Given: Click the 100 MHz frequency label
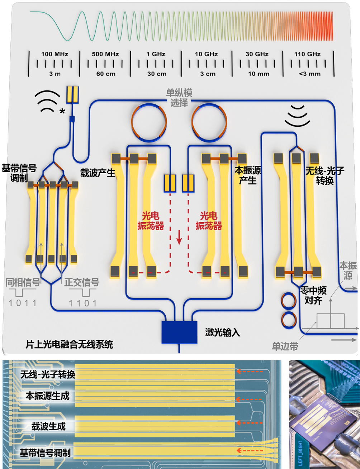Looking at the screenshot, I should coord(55,54).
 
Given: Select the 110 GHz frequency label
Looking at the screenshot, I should coord(307,54).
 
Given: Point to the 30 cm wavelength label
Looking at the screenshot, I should coord(156,74).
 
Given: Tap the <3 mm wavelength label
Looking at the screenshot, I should coord(309,74).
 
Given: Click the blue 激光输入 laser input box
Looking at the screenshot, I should coord(179,332).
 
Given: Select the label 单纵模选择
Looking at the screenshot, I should coord(179,98).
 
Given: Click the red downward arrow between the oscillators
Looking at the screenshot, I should coord(179,238).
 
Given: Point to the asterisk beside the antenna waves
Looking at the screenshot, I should coord(62,112).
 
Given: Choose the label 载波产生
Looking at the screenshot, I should coord(98,173).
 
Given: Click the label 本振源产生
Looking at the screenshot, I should coord(248,175).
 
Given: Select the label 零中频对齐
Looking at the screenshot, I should coord(313,295).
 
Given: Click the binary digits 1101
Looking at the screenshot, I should coord(83,303).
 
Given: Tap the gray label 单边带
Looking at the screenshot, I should coord(285,346).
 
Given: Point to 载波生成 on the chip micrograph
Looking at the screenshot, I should coord(48,426).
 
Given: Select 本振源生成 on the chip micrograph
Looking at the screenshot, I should coord(47,396).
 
